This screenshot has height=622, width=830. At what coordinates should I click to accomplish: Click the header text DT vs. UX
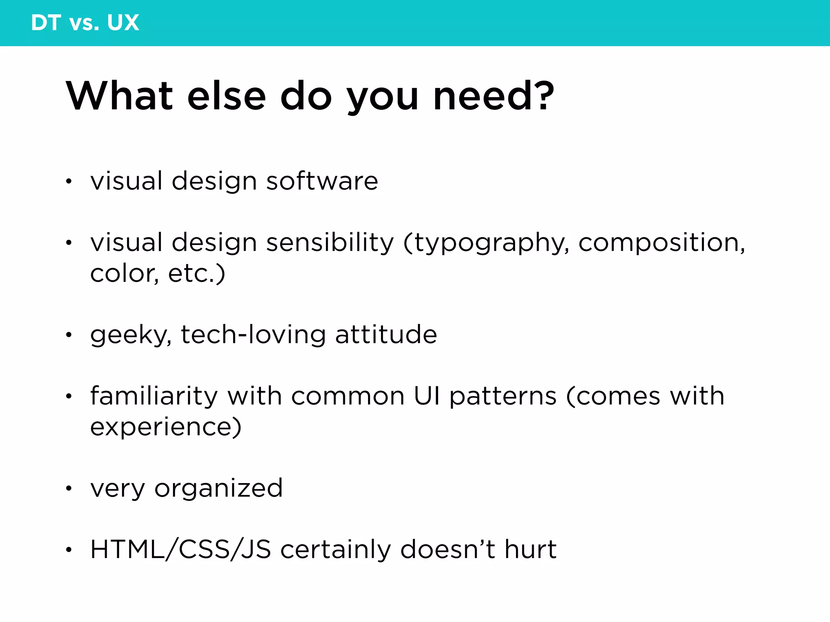pos(85,23)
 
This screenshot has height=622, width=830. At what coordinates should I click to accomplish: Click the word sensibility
pos(330,243)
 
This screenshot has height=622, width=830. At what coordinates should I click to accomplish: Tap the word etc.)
pos(197,274)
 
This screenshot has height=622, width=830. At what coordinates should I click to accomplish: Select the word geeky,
pos(131,335)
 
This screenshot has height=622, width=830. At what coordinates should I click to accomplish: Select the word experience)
pos(166,428)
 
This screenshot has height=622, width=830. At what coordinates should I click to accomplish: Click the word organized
pos(218,489)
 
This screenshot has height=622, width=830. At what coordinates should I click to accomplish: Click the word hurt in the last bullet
pos(530,550)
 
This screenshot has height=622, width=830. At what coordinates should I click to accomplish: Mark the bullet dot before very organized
pos(69,488)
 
